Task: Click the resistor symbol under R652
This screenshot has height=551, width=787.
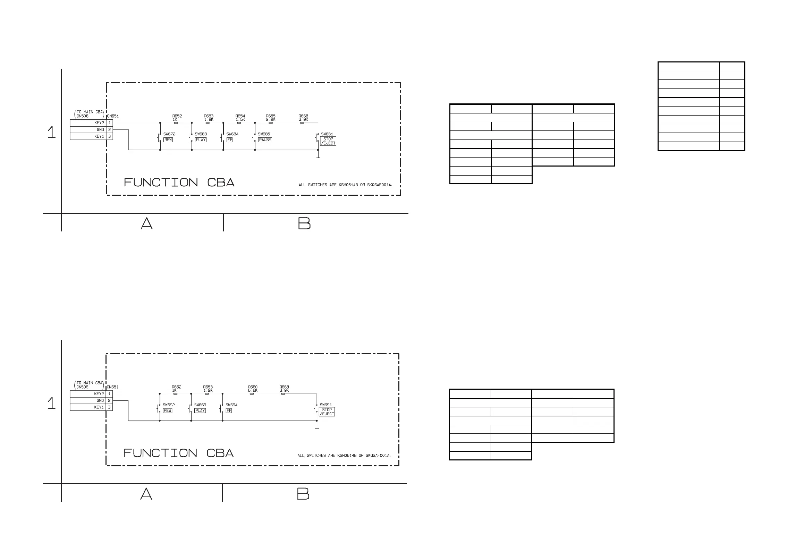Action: [x=176, y=123]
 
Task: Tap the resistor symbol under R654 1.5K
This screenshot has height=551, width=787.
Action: [x=239, y=123]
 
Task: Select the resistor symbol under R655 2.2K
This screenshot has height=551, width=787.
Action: [x=271, y=123]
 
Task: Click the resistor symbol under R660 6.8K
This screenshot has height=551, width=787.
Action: [x=252, y=394]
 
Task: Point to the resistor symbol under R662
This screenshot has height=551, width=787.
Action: [x=176, y=394]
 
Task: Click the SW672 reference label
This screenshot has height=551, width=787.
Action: [x=169, y=134]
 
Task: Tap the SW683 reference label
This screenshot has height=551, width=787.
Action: [x=201, y=134]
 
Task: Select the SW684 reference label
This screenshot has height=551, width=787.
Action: [x=232, y=134]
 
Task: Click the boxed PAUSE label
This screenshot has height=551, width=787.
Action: [x=265, y=140]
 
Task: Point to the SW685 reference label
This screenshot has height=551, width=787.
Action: [x=264, y=134]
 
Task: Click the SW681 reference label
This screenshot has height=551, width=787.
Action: [x=327, y=134]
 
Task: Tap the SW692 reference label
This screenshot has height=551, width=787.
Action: [x=169, y=405]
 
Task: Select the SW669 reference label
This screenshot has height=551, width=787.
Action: [x=200, y=405]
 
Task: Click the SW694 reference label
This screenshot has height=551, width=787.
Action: [x=231, y=405]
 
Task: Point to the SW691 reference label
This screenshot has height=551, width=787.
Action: [x=325, y=405]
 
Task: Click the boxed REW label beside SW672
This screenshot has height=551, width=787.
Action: [x=168, y=140]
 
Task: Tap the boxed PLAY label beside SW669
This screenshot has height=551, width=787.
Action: [x=200, y=411]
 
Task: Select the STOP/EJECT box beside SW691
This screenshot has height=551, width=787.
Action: [x=327, y=412]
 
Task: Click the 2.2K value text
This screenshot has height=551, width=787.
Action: [x=271, y=119]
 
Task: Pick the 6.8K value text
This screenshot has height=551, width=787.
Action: [x=253, y=390]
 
